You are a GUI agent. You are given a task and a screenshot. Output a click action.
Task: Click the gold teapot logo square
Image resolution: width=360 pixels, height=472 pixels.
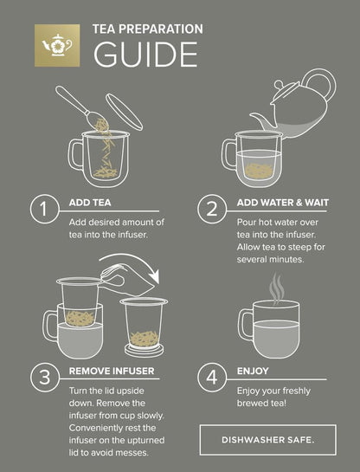tap(57, 45)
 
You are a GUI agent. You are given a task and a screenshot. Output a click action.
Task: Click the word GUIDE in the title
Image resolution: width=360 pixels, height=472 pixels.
tap(146, 55)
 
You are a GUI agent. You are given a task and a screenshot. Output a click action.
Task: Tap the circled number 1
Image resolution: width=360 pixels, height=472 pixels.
tap(44, 209)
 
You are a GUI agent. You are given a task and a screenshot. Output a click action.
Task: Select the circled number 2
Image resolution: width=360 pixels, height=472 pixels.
tap(212, 209)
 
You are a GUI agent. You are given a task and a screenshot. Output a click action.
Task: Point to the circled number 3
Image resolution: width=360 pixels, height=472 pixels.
tap(44, 378)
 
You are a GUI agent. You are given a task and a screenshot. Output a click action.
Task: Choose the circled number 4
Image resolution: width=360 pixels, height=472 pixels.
tap(212, 378)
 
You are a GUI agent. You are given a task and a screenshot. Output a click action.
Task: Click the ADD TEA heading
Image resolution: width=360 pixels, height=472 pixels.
tap(90, 203)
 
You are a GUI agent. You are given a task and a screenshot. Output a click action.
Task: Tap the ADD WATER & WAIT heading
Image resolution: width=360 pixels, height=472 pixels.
tap(283, 203)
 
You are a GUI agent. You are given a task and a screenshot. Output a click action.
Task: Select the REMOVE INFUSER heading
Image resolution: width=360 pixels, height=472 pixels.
tap(112, 371)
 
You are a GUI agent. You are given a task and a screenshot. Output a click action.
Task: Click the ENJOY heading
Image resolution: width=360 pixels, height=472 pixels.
tap(253, 371)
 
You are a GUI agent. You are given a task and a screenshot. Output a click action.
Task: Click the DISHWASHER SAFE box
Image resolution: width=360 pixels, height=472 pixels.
tap(268, 440)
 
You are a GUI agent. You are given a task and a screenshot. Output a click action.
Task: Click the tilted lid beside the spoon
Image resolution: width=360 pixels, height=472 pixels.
tap(124, 112)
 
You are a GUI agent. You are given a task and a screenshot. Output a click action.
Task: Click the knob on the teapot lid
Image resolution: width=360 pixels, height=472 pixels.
tap(279, 85)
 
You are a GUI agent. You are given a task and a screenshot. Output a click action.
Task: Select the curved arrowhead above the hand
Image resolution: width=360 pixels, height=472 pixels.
tap(154, 276)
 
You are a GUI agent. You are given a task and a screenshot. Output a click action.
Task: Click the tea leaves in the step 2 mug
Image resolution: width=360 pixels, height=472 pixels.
tap(259, 171)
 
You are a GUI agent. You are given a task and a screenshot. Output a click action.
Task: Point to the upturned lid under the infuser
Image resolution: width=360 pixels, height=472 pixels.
tap(145, 351)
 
